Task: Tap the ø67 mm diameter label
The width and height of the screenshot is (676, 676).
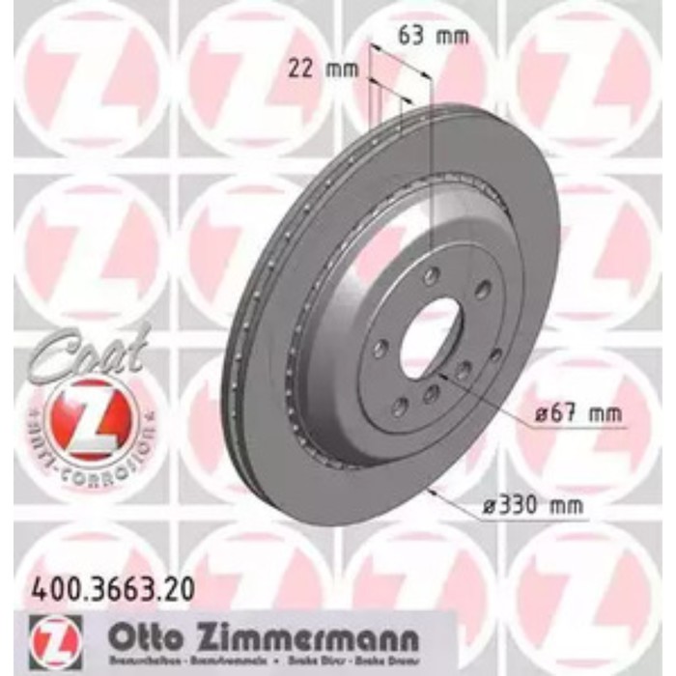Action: point(576,415)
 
